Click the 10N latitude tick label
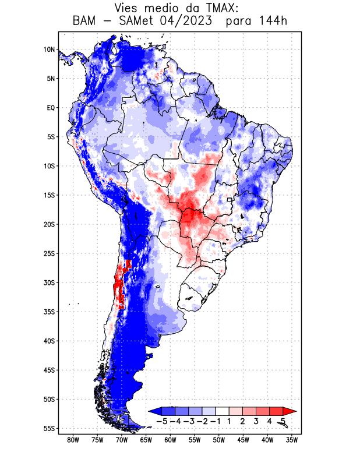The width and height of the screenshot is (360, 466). [x=50, y=50]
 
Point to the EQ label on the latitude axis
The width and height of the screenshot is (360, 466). [x=51, y=108]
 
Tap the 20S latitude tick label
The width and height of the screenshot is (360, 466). [x=50, y=224]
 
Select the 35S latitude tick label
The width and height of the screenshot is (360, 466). [x=50, y=312]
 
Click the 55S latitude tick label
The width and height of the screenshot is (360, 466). [x=50, y=428]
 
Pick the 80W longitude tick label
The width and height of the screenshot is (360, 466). [x=73, y=440]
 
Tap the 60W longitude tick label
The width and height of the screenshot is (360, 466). [x=170, y=440]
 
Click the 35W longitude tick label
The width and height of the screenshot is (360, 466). [x=292, y=440]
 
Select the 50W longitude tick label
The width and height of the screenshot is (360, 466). [x=219, y=440]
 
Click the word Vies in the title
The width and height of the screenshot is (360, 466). [x=129, y=8]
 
